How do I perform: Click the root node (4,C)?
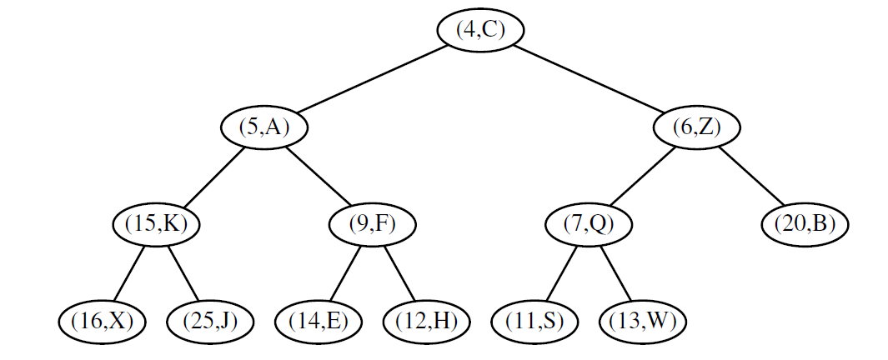481,30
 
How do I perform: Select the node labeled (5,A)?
264,127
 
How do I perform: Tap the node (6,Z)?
696,127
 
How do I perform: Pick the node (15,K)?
156,224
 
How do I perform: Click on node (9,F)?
372,224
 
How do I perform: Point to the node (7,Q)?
588,224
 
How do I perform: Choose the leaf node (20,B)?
805,224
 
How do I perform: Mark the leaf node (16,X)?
102,321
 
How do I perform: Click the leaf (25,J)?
210,321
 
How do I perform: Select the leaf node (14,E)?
318,321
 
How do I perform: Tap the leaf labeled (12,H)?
426,321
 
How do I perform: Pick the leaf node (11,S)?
534,321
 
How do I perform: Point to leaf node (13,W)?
642,321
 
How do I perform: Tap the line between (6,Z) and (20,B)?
752,177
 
